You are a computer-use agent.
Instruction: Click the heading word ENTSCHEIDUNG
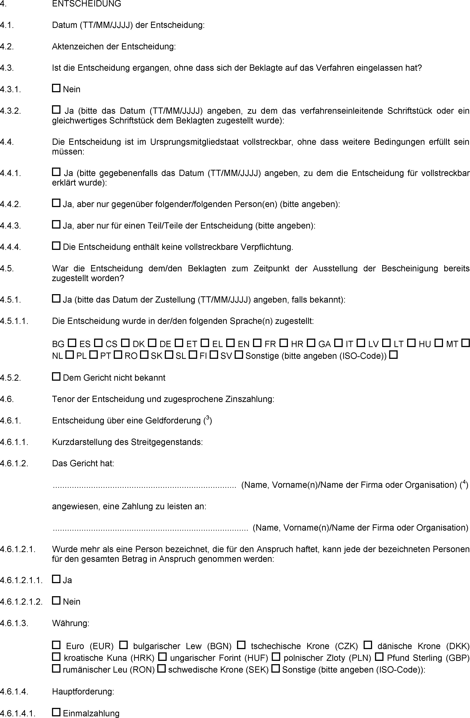87,4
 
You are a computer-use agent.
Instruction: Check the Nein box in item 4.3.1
56,88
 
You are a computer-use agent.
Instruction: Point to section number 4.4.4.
10,247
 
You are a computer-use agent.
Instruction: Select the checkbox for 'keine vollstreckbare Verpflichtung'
56,246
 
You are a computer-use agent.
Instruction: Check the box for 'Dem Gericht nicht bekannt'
56,376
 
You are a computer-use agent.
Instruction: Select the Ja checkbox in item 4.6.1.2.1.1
56,579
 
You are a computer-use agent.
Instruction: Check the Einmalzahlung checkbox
56,712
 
